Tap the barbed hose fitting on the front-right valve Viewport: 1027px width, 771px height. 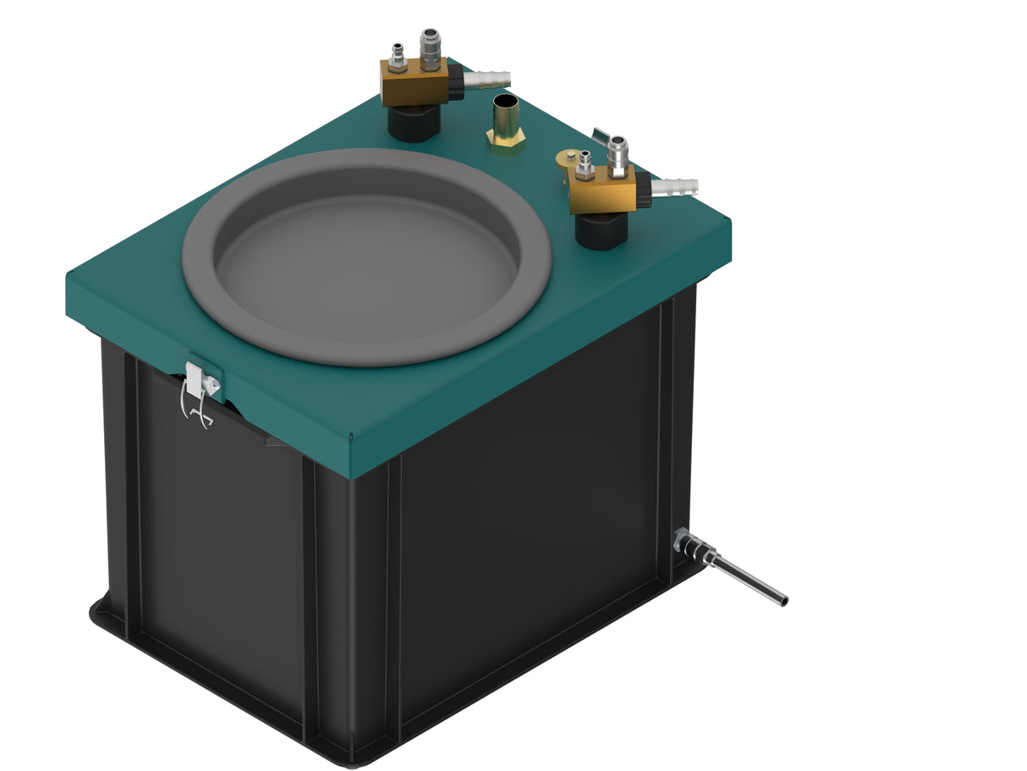pos(676,186)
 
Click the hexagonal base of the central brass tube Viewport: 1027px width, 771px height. pos(505,140)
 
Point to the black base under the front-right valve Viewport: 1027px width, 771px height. pos(601,229)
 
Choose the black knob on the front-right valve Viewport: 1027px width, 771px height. pos(644,190)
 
